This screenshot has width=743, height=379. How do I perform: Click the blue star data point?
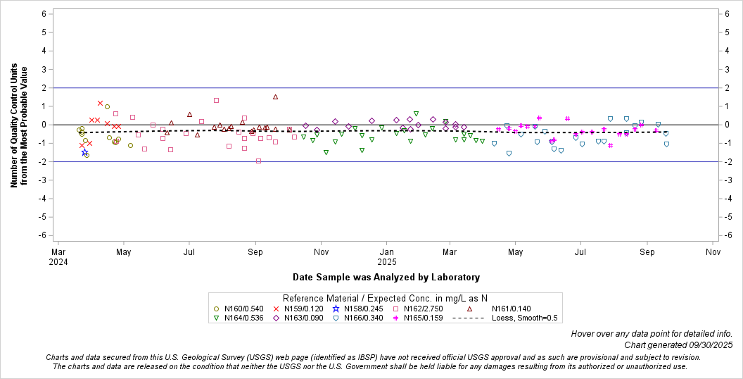pos(84,152)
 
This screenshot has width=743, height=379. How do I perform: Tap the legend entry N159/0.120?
pos(299,309)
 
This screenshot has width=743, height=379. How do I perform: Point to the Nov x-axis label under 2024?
pos(321,251)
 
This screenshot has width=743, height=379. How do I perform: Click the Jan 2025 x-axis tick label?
pos(387,255)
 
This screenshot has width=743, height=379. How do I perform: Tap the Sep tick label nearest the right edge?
pos(647,251)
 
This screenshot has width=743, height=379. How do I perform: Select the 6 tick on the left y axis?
pos(44,13)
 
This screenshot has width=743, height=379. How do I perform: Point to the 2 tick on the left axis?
pos(44,88)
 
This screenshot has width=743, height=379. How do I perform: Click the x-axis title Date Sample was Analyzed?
pos(386,277)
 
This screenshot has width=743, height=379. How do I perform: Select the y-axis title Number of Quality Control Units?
pos(19,127)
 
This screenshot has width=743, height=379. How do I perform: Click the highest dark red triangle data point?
pos(275,97)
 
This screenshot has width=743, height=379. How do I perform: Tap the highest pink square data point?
pos(216,100)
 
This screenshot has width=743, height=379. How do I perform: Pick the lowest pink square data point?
pos(258,161)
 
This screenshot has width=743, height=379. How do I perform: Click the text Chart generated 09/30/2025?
pos(678,345)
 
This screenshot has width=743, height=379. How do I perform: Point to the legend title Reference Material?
pos(385,298)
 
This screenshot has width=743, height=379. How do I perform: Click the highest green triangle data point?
pos(416,113)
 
